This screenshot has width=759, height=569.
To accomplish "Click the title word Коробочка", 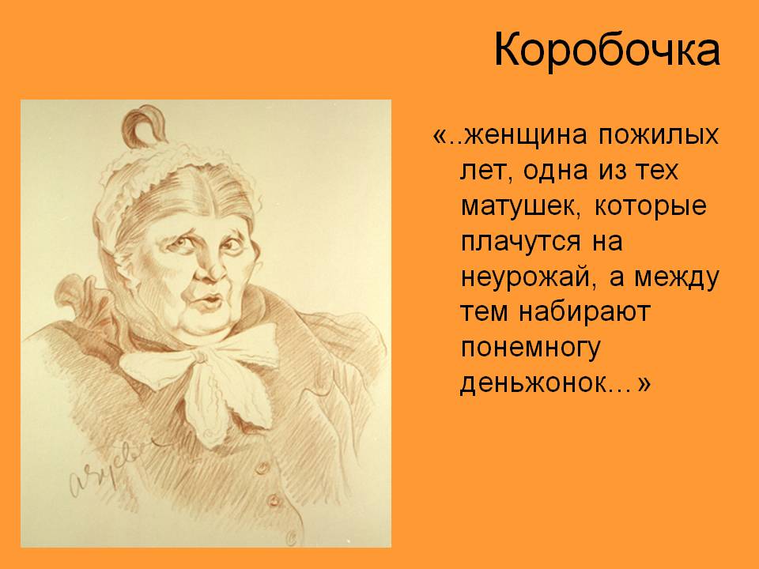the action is click(x=607, y=51).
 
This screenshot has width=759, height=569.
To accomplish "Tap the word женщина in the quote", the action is click(x=525, y=135).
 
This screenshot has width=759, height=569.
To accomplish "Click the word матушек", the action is click(x=521, y=206).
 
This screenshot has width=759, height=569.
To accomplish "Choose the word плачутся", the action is click(x=520, y=243).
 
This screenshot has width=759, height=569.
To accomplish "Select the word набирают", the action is click(x=584, y=311).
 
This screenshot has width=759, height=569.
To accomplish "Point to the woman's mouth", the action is click(x=209, y=301).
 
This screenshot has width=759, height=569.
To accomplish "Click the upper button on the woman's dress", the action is click(x=262, y=467).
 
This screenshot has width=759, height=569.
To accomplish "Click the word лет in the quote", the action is click(x=486, y=171).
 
